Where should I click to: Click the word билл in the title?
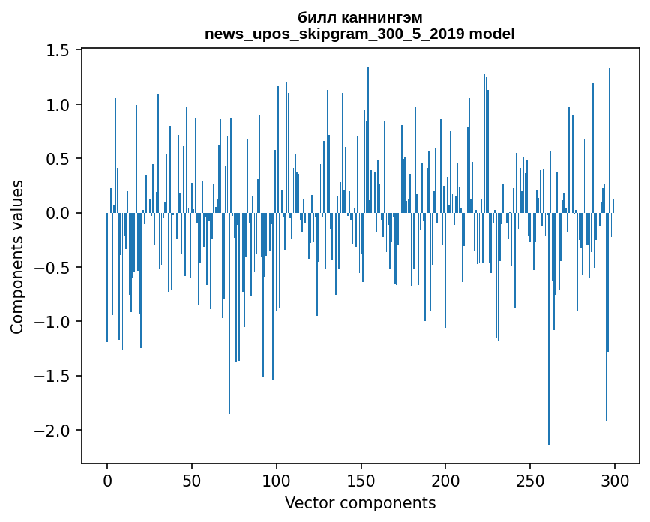pos(313,18)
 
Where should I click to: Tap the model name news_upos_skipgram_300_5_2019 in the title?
pos(325,34)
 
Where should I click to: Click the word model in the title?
pos(493,34)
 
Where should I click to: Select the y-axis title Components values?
pos(17,256)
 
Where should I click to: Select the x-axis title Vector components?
pos(360,503)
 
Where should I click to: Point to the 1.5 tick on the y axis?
pos(58,51)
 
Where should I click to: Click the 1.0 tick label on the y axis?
pos(58,105)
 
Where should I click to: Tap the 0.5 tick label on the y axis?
pos(58,159)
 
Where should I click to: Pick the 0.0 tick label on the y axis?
pos(58,214)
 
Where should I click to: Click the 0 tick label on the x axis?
pos(107,480)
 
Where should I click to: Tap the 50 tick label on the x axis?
pos(192,480)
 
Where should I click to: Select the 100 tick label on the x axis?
pos(277,480)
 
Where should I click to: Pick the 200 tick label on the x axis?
pos(445,480)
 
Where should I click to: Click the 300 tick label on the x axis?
pos(615,480)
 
